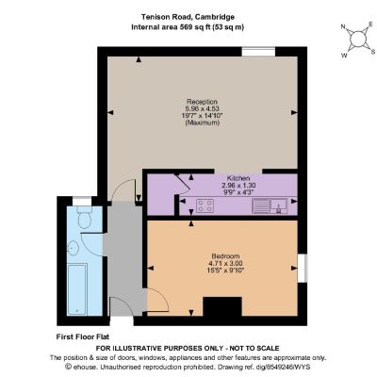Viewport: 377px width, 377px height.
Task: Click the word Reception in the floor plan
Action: (x=202, y=102)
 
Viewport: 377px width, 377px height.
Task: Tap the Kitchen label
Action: (x=238, y=178)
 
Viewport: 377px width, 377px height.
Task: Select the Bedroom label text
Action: (x=225, y=256)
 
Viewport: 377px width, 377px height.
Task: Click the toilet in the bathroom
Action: (x=84, y=217)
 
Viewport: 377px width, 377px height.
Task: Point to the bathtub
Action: (x=77, y=289)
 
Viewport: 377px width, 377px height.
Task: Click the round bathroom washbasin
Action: (x=73, y=248)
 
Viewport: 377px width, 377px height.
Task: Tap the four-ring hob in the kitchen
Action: (x=205, y=205)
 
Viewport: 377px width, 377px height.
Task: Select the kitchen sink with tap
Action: (x=279, y=206)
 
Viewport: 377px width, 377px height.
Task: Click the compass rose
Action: (x=358, y=40)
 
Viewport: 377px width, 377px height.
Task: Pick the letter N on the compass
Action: (x=343, y=27)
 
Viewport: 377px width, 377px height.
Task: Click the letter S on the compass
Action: (x=373, y=52)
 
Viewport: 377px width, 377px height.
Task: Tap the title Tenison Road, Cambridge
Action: (x=188, y=17)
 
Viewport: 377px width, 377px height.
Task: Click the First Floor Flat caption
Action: (x=83, y=337)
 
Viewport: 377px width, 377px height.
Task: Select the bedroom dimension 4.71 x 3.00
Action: (x=225, y=263)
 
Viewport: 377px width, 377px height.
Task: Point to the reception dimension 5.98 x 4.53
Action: (x=202, y=108)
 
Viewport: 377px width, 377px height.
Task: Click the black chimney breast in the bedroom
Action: (x=222, y=306)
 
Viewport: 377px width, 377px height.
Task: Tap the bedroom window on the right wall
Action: (x=303, y=268)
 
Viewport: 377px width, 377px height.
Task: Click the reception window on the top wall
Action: (x=258, y=52)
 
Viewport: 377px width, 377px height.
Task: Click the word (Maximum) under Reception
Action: (x=202, y=123)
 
